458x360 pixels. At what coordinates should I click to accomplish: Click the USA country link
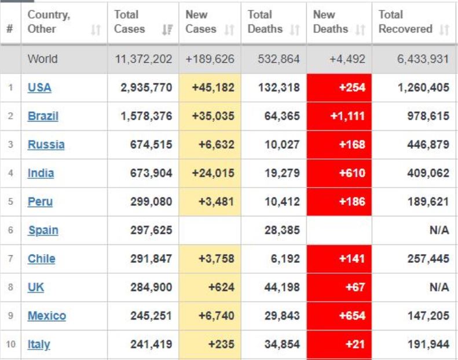coord(39,88)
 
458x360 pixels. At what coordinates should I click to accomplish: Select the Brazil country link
coord(43,116)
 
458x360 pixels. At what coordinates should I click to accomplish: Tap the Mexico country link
coord(46,316)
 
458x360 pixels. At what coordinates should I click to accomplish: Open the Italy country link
coord(39,344)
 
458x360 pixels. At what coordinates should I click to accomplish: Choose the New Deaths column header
coord(332,22)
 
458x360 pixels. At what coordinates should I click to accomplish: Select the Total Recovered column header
coord(405,22)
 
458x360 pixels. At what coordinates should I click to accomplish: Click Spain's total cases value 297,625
coord(152,230)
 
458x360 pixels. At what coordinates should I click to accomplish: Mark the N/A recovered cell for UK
coord(439,288)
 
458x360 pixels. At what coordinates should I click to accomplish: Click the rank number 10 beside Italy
coord(10,344)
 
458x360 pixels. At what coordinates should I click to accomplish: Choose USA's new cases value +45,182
coord(214,88)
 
